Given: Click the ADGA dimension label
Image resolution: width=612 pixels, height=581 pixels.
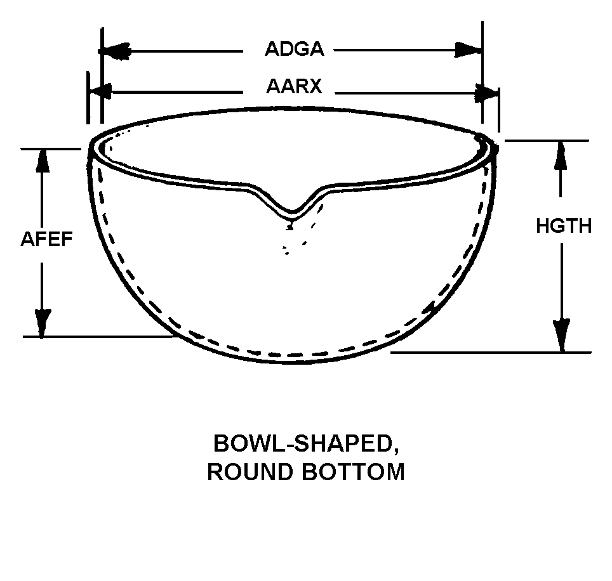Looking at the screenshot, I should [x=294, y=49].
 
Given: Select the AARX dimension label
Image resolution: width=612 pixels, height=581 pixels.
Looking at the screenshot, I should [x=294, y=86].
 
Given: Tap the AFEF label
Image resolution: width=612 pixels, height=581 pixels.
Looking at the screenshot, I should [x=46, y=239].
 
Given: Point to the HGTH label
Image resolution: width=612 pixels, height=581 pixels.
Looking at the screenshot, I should [x=564, y=226].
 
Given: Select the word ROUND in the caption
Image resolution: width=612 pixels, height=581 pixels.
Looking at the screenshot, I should [x=243, y=473].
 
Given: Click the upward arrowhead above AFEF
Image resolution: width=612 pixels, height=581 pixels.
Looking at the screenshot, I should [x=43, y=162].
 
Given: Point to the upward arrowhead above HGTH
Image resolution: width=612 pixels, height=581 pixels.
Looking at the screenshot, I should [x=561, y=153].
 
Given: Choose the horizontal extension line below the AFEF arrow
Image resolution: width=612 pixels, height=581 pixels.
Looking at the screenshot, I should [x=95, y=336].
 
